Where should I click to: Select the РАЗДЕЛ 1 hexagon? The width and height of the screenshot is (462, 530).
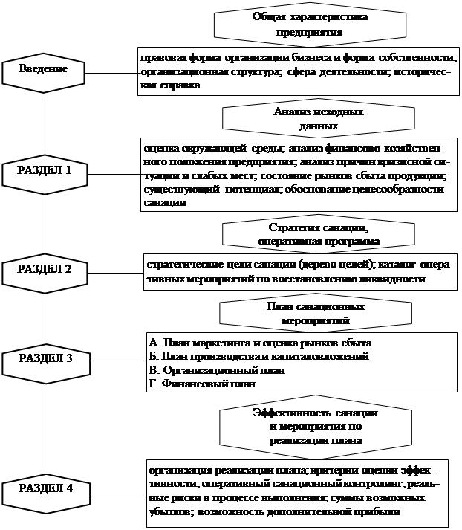pyautogui.click(x=45, y=170)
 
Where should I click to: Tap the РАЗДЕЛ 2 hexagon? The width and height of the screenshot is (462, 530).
pyautogui.click(x=45, y=269)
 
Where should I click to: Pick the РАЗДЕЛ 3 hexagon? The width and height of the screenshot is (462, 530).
pyautogui.click(x=45, y=359)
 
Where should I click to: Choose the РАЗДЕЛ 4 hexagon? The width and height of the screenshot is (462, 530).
pyautogui.click(x=45, y=488)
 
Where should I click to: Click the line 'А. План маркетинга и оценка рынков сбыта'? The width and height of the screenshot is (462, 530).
pyautogui.click(x=260, y=343)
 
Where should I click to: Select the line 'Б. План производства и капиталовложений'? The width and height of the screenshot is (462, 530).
pyautogui.click(x=259, y=356)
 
